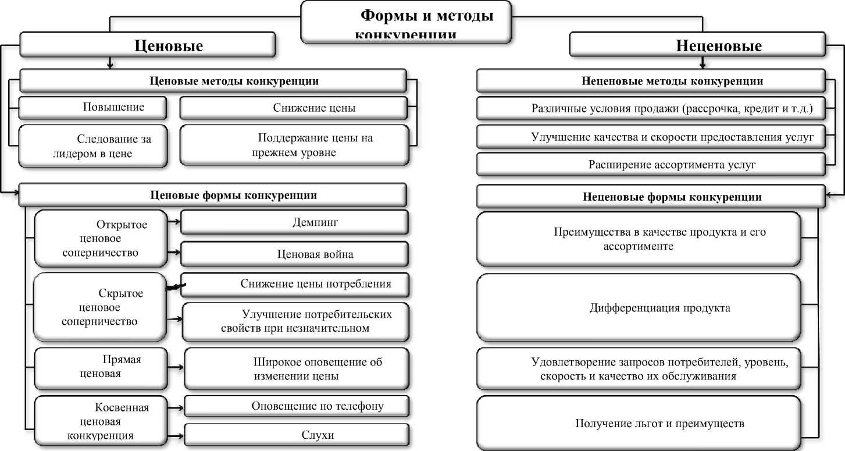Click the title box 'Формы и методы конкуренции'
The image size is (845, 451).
click(407, 22)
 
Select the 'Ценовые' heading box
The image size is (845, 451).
click(147, 45)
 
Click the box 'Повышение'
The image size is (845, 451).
click(93, 108)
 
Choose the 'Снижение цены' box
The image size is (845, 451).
click(294, 108)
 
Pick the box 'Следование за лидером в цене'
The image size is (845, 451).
click(93, 146)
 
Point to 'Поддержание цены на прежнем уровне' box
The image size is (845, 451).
click(294, 146)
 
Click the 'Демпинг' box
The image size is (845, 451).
click(295, 222)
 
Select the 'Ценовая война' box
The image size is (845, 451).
click(295, 254)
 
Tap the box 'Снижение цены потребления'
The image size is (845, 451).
click(297, 284)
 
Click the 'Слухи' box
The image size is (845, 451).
click(297, 435)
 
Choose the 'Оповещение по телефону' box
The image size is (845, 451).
click(297, 406)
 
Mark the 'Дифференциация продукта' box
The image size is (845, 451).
click(639, 307)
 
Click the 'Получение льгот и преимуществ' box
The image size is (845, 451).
click(639, 423)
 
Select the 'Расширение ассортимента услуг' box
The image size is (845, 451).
click(650, 165)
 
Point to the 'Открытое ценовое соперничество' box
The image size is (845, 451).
click(99, 239)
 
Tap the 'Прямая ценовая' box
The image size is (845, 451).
click(100, 367)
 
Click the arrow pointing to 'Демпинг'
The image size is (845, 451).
click(173, 222)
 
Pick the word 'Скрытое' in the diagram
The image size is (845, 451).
click(120, 293)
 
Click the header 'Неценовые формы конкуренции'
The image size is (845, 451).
click(650, 197)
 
